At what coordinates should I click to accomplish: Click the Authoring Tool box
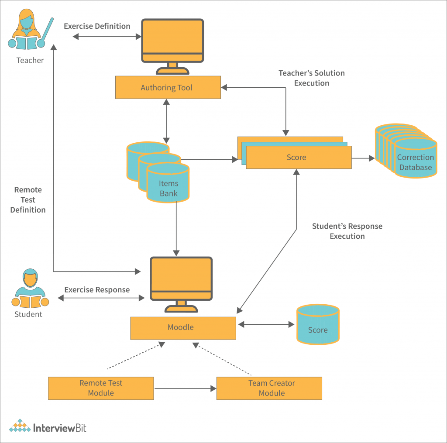coord(168,87)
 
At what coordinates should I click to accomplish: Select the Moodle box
coord(183,328)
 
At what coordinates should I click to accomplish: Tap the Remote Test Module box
coord(101,388)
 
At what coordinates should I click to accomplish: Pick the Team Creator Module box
coord(269,388)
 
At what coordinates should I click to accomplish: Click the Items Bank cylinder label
coord(168,188)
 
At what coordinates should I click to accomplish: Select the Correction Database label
coord(415,162)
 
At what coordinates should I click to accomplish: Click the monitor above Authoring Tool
coord(172,42)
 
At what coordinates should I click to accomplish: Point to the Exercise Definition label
coord(97,26)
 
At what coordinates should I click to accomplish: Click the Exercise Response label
coord(97,290)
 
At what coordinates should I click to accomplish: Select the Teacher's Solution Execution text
coord(312,78)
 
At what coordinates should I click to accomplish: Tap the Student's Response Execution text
coord(347,231)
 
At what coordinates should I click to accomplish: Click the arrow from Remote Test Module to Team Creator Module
coord(185,388)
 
